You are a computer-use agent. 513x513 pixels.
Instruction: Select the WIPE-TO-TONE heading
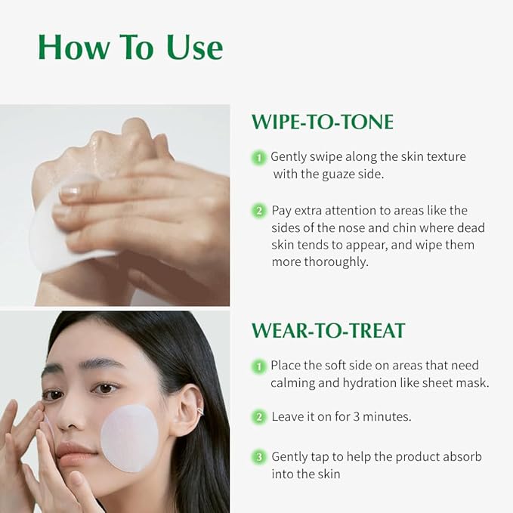click(x=323, y=122)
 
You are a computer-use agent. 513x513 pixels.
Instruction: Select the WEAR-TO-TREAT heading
click(x=328, y=330)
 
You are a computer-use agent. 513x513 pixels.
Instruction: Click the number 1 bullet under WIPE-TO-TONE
click(x=259, y=157)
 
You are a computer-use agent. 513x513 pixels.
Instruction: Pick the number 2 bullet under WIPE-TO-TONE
click(x=259, y=210)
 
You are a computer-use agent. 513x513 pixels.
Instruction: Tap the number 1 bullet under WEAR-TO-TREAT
click(x=259, y=366)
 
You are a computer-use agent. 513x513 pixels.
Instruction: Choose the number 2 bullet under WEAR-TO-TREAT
click(x=259, y=417)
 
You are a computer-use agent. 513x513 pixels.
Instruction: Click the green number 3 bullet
click(x=259, y=457)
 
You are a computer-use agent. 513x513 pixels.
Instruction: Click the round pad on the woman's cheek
click(x=129, y=437)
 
